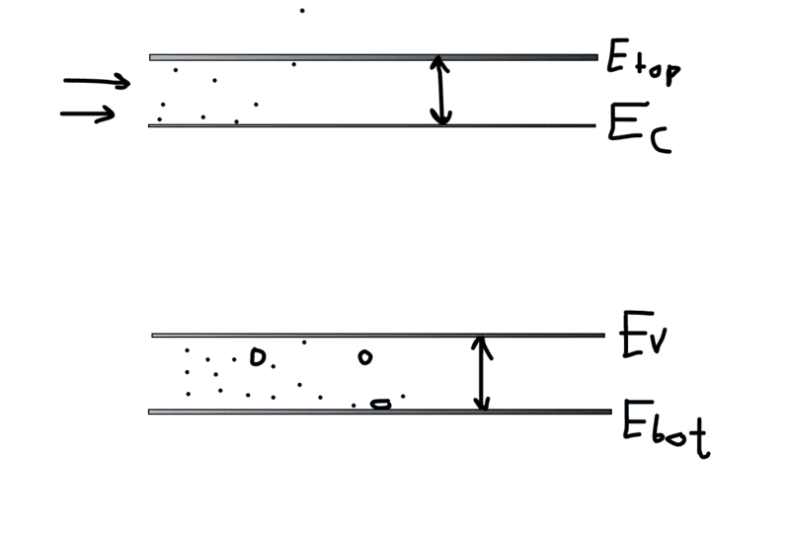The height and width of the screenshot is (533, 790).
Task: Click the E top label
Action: pyautogui.click(x=641, y=65)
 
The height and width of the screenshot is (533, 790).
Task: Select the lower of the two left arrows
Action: pyautogui.click(x=88, y=114)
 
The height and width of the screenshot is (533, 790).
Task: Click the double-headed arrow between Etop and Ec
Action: pyautogui.click(x=441, y=91)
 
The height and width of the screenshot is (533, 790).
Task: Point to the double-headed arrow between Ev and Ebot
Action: pyautogui.click(x=481, y=373)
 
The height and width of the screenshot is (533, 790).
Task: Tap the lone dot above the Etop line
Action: pyautogui.click(x=302, y=11)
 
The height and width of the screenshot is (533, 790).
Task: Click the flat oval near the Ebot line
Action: pyautogui.click(x=379, y=403)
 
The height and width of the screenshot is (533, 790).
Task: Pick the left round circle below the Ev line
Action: pyautogui.click(x=258, y=357)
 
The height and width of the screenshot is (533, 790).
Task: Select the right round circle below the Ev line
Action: pyautogui.click(x=364, y=356)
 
